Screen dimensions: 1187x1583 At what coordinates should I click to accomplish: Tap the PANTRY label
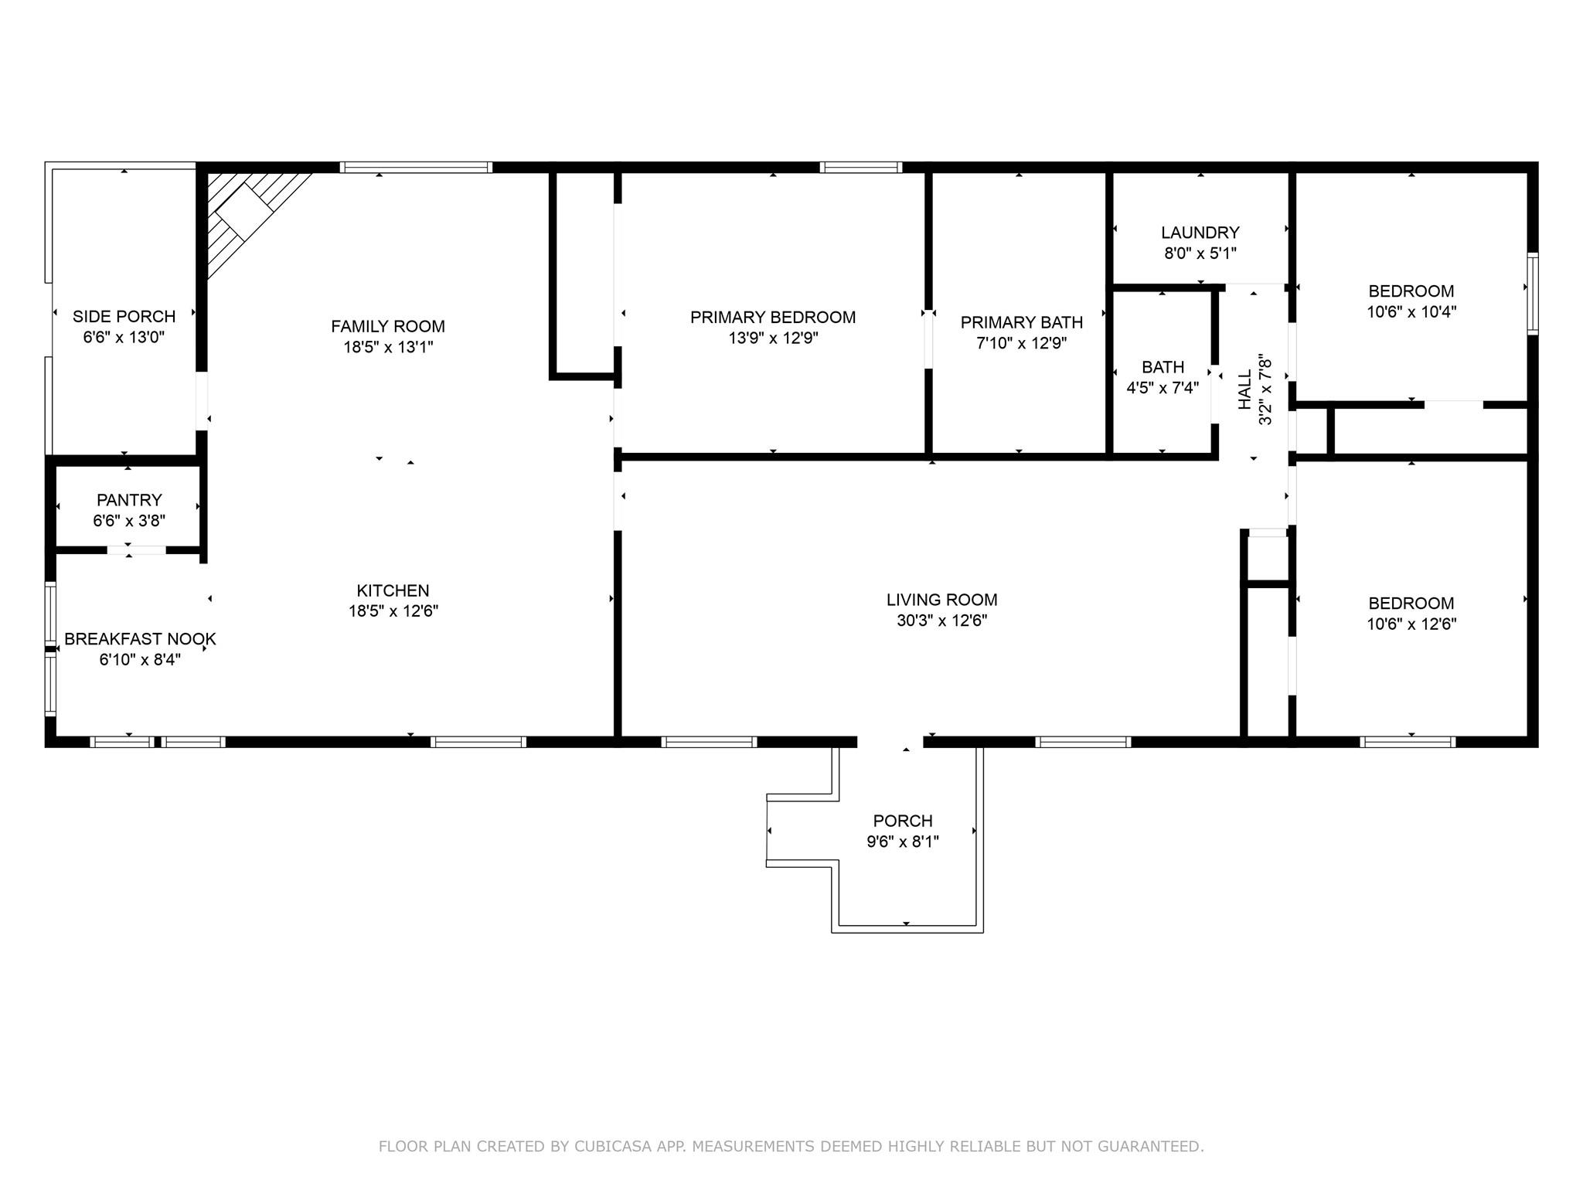[x=129, y=500]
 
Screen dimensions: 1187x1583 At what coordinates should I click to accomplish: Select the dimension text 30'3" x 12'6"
[x=941, y=621]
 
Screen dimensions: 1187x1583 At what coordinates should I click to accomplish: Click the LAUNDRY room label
[x=1200, y=233]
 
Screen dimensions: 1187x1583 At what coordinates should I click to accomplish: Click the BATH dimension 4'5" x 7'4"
[x=1163, y=388]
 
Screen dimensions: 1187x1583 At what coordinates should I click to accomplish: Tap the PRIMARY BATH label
[x=1021, y=322]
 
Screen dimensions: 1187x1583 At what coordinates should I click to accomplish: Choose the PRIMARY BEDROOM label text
[x=772, y=317]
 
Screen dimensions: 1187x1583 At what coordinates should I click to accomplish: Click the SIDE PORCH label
[x=124, y=316]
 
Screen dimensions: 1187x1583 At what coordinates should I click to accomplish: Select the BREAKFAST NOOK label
[x=140, y=639]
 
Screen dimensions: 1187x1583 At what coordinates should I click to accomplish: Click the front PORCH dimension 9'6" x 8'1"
[x=902, y=842]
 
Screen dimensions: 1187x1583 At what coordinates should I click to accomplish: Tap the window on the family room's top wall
[x=416, y=167]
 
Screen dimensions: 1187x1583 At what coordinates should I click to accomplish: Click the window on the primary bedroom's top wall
[x=860, y=167]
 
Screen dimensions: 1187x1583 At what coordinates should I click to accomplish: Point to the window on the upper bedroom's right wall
[x=1532, y=293]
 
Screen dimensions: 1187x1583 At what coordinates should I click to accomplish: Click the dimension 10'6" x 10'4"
[x=1411, y=312]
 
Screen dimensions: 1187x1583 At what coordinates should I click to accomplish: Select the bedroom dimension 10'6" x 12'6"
[x=1411, y=624]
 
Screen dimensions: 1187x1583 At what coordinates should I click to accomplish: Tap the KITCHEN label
[x=393, y=590]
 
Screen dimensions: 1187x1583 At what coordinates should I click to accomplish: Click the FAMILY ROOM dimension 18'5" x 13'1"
[x=388, y=347]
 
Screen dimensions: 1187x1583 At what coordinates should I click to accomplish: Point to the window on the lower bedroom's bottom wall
[x=1408, y=742]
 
